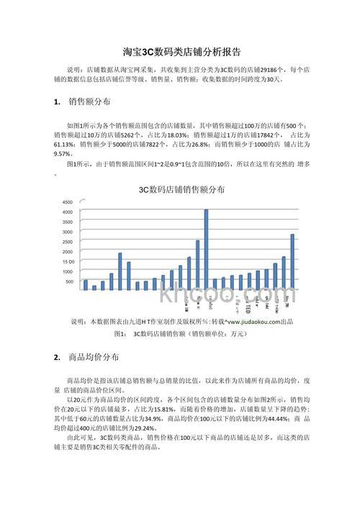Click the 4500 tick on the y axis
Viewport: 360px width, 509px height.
pyautogui.click(x=67, y=202)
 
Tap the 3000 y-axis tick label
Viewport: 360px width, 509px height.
pyautogui.click(x=67, y=232)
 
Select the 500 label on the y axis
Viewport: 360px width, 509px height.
pyautogui.click(x=70, y=281)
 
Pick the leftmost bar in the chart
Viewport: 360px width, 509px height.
pyautogui.click(x=86, y=285)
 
